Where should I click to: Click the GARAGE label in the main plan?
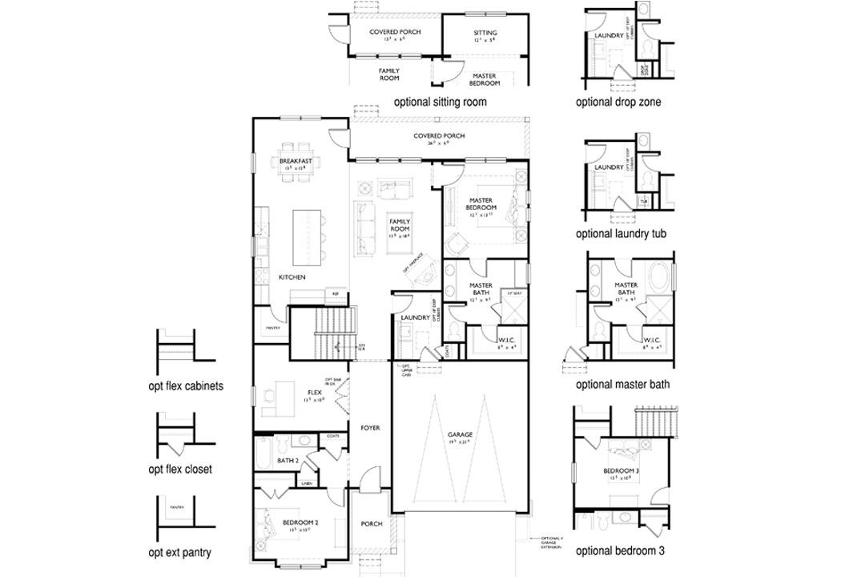pos(460,434)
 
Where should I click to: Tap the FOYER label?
pos(369,428)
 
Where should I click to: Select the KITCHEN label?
pos(292,277)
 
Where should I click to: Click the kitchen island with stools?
pos(310,237)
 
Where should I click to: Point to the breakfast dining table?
pos(296,165)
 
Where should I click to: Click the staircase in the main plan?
pos(324,333)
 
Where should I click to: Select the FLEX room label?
pos(314,393)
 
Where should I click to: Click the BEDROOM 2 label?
pos(300,523)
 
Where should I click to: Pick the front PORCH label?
pos(372,524)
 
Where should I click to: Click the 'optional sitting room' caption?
pos(440,102)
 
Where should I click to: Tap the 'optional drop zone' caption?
pos(618,102)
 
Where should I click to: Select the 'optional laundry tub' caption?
pos(621,234)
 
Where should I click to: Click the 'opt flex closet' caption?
pos(180,470)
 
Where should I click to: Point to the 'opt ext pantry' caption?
pos(179,553)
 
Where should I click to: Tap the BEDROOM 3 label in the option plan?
pos(621,470)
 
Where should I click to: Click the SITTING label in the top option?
pos(485,34)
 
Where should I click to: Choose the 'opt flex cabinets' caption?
pos(186,385)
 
